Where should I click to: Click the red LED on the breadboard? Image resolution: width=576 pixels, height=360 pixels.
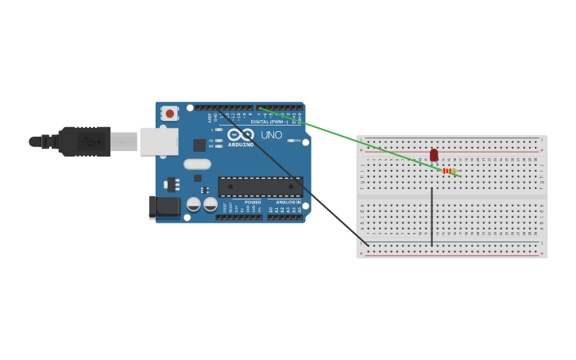(434, 155)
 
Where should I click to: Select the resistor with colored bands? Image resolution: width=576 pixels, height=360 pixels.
(448, 171)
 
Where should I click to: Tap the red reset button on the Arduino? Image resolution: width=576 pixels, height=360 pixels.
(169, 114)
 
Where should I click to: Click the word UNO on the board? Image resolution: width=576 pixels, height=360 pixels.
(272, 135)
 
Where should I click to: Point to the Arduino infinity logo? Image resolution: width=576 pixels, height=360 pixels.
(240, 134)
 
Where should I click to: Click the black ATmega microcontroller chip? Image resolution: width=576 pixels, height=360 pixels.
(261, 187)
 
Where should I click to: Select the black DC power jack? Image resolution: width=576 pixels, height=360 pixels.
(165, 207)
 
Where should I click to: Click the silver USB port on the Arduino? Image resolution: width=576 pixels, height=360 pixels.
(158, 141)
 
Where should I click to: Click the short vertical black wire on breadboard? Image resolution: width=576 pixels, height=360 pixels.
(431, 216)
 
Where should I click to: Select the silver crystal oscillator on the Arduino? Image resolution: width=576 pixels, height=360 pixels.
(197, 165)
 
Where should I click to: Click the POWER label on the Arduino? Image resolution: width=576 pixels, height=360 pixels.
(253, 203)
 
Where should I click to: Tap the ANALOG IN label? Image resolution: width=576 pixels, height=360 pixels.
(288, 203)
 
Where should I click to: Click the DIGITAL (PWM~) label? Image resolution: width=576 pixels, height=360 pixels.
(270, 122)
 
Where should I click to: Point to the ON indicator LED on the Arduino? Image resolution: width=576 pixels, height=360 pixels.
(292, 141)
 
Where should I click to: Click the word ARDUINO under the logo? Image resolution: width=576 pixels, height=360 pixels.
(241, 145)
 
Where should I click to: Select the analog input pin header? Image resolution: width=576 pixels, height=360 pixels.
(284, 217)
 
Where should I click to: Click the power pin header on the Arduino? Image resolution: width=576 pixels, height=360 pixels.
(239, 217)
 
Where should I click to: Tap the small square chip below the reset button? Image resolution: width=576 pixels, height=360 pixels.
(199, 145)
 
